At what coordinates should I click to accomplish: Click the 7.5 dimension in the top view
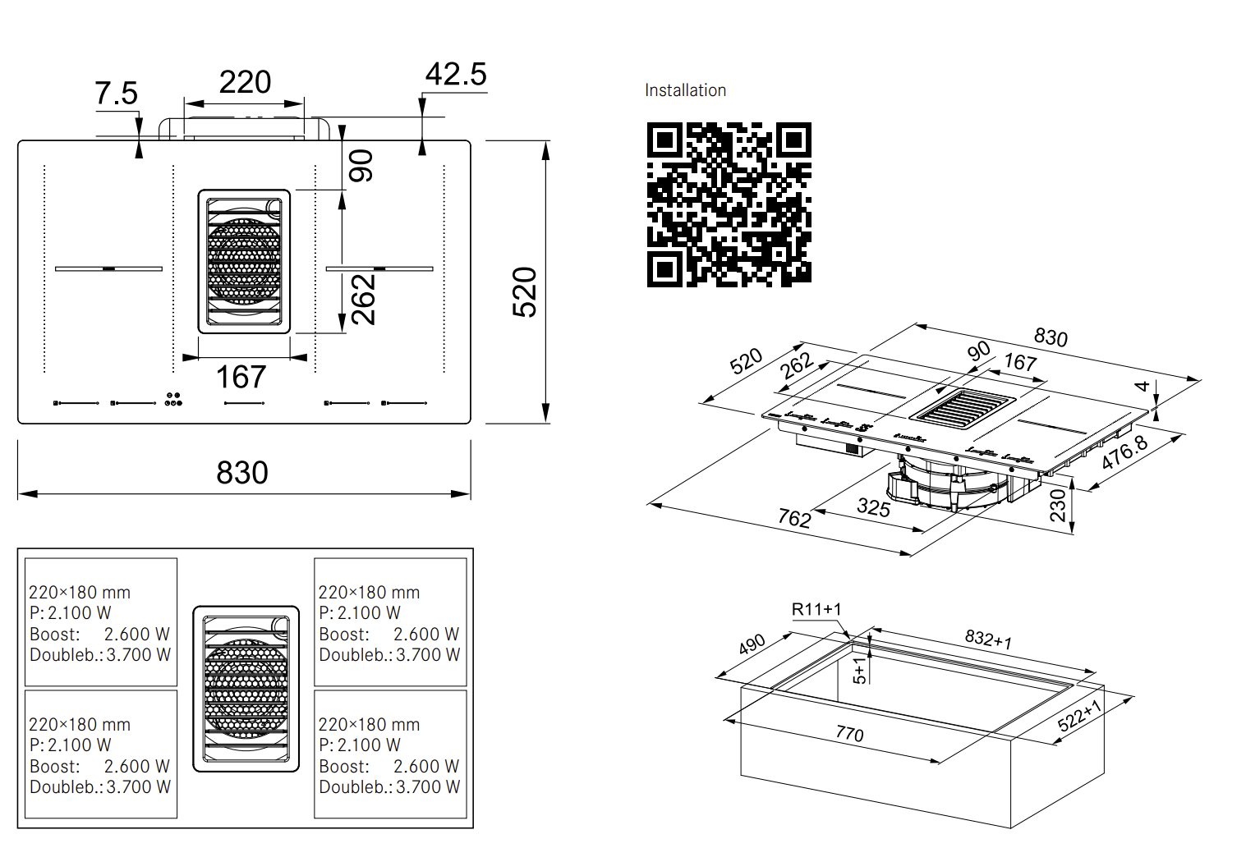[x=116, y=94]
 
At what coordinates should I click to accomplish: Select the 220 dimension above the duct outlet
[x=245, y=82]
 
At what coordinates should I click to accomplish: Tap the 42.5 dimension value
[x=456, y=75]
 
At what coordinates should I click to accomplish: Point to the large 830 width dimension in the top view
[x=242, y=473]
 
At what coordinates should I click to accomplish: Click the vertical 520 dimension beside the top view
[x=525, y=291]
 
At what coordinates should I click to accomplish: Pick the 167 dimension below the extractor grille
[x=241, y=377]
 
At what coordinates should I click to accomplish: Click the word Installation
[x=685, y=90]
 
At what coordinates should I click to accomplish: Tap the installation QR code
[x=729, y=205]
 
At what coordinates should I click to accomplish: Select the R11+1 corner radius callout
[x=816, y=609]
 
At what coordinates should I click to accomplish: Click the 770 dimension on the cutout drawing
[x=849, y=733]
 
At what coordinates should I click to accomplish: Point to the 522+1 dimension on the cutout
[x=1079, y=715]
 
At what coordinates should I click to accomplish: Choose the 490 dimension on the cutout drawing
[x=752, y=644]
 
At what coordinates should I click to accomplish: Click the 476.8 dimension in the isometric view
[x=1124, y=452]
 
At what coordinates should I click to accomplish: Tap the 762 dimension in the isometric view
[x=794, y=518]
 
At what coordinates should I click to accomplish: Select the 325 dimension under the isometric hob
[x=873, y=507]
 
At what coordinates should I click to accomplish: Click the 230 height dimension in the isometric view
[x=1058, y=505]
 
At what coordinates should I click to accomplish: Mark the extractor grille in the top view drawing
[x=244, y=261]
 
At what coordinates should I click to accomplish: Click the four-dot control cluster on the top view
[x=173, y=399]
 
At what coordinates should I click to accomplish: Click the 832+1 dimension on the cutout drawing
[x=988, y=639]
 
